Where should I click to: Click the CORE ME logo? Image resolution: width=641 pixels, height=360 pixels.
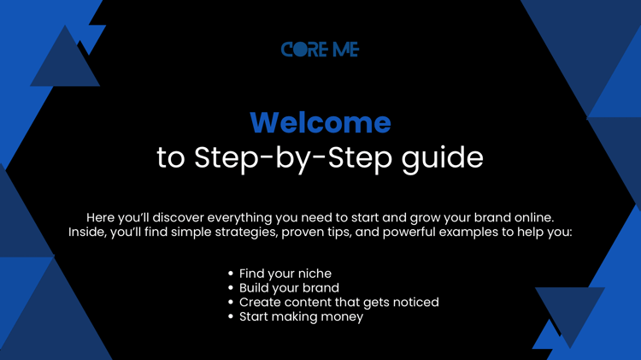click(320, 49)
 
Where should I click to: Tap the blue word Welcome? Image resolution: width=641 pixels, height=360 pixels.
click(320, 123)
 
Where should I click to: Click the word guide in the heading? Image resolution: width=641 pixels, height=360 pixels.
click(443, 158)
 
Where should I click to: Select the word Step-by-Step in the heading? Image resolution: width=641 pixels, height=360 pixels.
click(292, 158)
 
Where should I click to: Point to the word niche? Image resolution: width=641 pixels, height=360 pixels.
click(315, 274)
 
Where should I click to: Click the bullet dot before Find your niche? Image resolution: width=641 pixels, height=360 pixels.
click(231, 274)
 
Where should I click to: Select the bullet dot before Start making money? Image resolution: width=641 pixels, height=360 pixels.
click(231, 316)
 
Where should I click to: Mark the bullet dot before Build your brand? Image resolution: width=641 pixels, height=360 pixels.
click(231, 287)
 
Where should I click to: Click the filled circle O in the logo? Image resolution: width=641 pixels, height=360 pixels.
click(302, 50)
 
